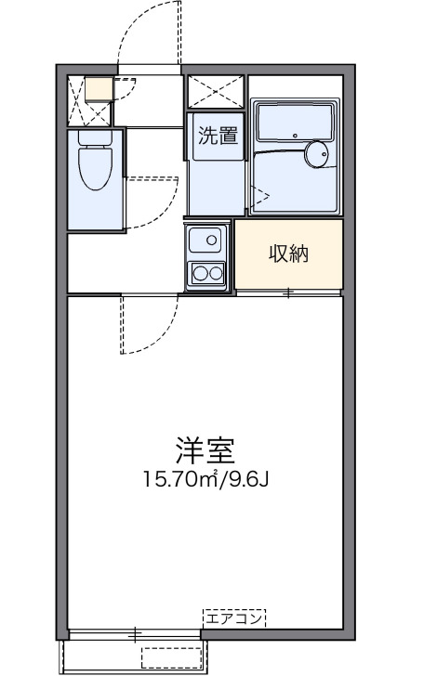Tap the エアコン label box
[234, 617]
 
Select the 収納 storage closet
[288, 254]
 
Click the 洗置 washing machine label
[217, 135]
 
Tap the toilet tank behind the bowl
[94, 138]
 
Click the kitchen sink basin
[206, 241]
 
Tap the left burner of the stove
[199, 274]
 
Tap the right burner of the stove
[216, 274]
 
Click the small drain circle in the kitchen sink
[212, 240]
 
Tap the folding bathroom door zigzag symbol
[259, 195]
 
